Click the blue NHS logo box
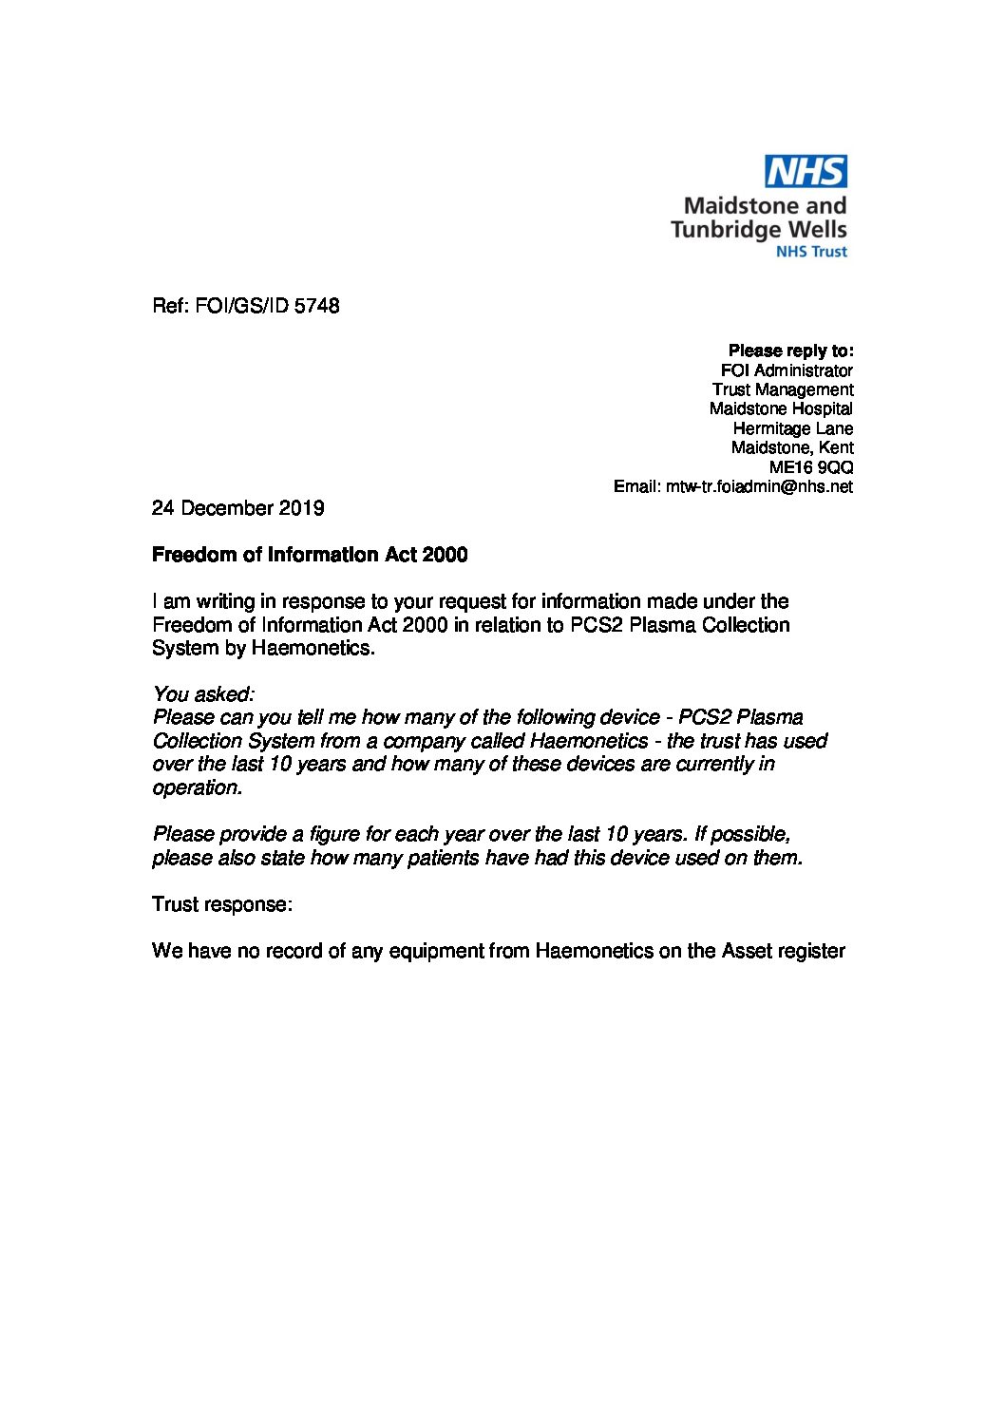(x=806, y=172)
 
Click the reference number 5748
(x=317, y=306)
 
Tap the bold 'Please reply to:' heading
(x=790, y=351)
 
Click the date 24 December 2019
(x=237, y=508)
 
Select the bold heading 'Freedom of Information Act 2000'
(x=310, y=555)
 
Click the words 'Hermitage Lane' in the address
(x=793, y=428)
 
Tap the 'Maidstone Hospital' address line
(x=781, y=408)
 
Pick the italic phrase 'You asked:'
(x=203, y=694)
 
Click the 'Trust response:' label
(x=221, y=904)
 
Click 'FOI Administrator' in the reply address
(x=787, y=370)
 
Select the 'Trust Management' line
(x=783, y=389)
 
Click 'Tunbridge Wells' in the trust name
(x=758, y=229)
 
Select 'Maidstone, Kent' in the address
(x=792, y=447)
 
